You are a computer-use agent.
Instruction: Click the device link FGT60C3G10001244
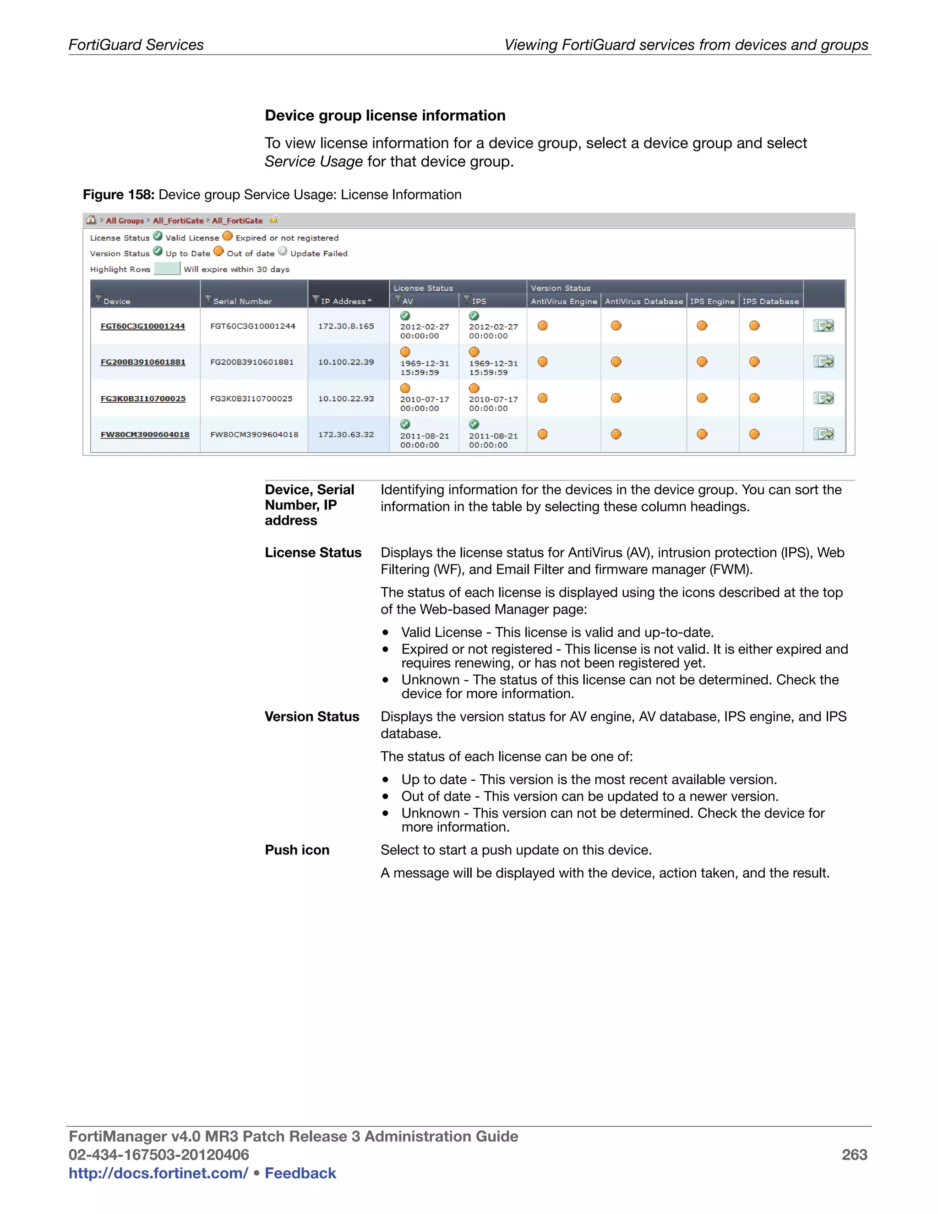142,326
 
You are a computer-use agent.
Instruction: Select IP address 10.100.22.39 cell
346,362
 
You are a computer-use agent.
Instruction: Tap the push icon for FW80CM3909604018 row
823,434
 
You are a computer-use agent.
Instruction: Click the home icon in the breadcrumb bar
91,220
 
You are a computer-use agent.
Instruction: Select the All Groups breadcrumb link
125,221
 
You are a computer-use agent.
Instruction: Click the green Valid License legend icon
158,236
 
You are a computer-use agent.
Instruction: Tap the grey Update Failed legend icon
282,252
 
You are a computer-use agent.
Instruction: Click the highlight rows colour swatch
167,269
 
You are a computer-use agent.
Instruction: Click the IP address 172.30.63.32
346,434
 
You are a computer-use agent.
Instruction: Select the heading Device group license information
385,115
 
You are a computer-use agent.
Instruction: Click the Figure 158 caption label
118,195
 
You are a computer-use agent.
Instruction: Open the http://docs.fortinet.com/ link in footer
158,1173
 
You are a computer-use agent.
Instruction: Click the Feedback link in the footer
300,1173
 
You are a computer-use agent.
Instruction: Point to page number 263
854,1154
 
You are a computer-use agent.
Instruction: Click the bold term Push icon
297,850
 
